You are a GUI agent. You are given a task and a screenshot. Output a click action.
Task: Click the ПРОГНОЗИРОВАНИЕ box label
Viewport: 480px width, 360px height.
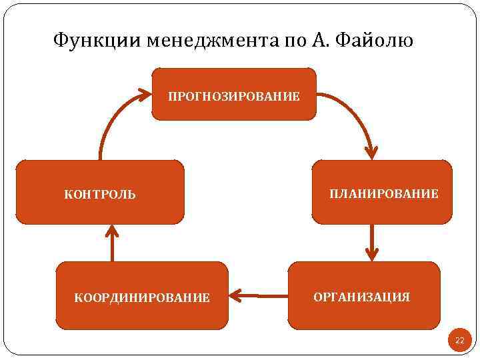coord(233,97)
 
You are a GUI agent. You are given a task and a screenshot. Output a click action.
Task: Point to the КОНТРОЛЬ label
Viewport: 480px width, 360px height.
coord(99,195)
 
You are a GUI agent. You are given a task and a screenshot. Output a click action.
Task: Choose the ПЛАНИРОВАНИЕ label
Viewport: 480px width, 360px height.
coord(384,194)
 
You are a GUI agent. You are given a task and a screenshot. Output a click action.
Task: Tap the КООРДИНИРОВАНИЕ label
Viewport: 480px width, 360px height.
coord(142,297)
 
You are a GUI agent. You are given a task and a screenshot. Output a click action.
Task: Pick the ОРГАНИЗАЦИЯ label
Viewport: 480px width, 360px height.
coord(361,297)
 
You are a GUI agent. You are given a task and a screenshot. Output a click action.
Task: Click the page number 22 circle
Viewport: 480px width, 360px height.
coord(459,341)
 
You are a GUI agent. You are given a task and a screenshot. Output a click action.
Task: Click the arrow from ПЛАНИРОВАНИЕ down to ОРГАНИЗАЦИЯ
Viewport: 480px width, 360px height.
coord(372,241)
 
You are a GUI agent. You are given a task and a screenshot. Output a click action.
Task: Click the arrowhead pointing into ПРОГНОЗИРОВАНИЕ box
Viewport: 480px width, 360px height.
coord(144,93)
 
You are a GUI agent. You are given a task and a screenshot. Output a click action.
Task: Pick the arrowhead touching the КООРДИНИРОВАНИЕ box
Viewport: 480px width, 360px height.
coord(235,294)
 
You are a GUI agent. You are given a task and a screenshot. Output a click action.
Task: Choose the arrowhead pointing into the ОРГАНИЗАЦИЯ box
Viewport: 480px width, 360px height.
coord(372,254)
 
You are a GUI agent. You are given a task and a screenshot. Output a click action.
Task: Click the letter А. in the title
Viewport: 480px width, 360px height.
coord(318,41)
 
